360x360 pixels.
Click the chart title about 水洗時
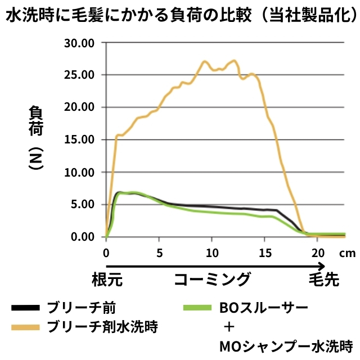point(180,16)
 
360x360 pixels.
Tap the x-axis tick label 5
point(159,253)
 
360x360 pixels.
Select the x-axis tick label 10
point(211,253)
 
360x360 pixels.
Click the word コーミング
point(212,280)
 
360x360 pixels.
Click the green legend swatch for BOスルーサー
point(196,308)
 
